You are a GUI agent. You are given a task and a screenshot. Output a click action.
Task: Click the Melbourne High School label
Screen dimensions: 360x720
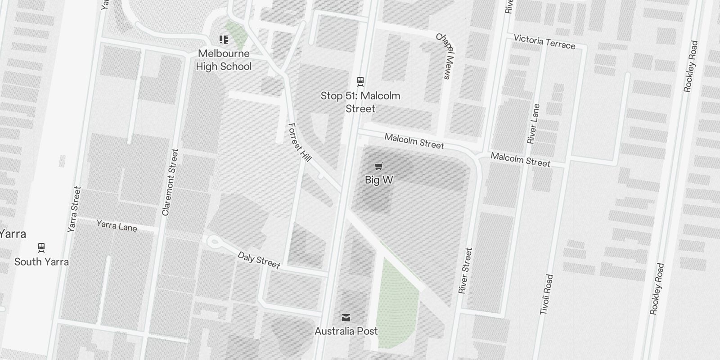pyautogui.click(x=224, y=60)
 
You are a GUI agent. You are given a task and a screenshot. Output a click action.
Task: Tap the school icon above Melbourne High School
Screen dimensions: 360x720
pyautogui.click(x=224, y=40)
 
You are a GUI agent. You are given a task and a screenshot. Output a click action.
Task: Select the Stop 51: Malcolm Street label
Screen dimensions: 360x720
pyautogui.click(x=360, y=102)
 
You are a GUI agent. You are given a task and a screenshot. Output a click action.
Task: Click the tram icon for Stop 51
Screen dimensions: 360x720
pyautogui.click(x=360, y=81)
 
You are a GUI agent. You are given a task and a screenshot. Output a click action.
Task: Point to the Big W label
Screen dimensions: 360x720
pyautogui.click(x=379, y=180)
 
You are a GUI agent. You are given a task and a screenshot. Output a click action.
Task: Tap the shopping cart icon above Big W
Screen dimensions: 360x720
pyautogui.click(x=379, y=166)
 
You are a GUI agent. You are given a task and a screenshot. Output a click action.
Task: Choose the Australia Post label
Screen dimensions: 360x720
pyautogui.click(x=346, y=331)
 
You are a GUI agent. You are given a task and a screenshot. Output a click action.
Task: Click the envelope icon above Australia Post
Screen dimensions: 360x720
pyautogui.click(x=346, y=318)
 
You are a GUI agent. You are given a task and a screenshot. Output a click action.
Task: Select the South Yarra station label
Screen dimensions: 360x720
pyautogui.click(x=41, y=262)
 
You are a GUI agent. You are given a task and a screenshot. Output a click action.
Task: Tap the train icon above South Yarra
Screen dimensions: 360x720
pyautogui.click(x=41, y=247)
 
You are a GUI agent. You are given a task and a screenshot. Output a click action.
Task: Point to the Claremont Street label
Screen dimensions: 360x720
pyautogui.click(x=170, y=182)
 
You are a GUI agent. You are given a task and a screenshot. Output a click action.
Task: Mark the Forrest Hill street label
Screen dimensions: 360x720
pyautogui.click(x=300, y=142)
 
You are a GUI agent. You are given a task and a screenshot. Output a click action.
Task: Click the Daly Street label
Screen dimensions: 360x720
pyautogui.click(x=259, y=260)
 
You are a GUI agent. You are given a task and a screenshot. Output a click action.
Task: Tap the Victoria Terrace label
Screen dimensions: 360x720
pyautogui.click(x=544, y=41)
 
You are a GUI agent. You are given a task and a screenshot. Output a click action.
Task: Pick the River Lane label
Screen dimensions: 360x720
pyautogui.click(x=533, y=124)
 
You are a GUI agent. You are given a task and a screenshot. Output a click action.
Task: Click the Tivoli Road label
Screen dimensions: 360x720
pyautogui.click(x=546, y=294)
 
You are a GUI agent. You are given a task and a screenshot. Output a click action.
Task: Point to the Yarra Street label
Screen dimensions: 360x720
pyautogui.click(x=74, y=209)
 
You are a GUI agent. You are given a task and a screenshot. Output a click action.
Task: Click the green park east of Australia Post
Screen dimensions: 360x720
pyautogui.click(x=396, y=306)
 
